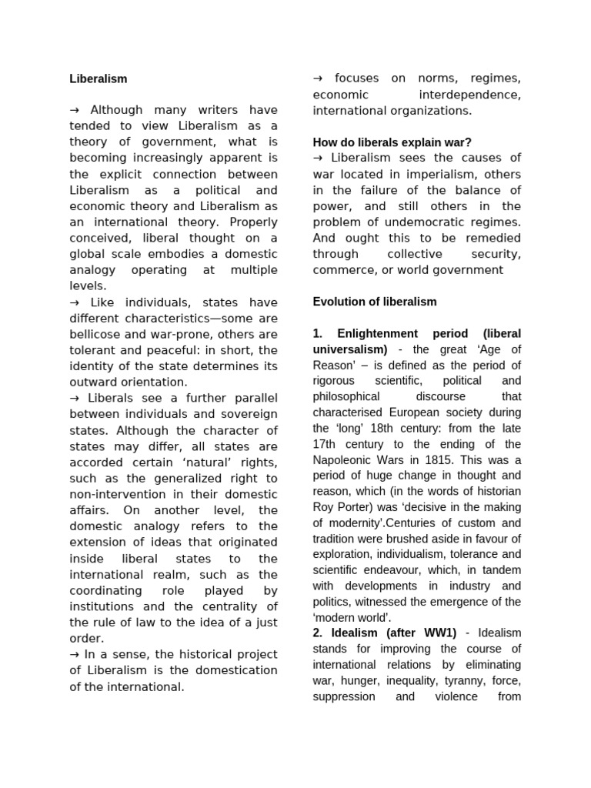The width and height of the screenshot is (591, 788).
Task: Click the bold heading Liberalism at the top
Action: [98, 78]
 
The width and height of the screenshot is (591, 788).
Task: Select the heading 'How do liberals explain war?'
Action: [392, 142]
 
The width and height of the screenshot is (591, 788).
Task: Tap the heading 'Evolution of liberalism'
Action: [374, 302]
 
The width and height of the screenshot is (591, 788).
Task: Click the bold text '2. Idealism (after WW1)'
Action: [384, 633]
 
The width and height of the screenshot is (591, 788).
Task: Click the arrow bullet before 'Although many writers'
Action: [75, 110]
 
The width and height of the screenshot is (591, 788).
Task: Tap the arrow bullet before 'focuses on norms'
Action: [318, 78]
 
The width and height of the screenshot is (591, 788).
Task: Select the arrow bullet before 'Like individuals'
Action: [75, 302]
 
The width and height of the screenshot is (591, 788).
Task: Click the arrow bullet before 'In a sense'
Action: [75, 654]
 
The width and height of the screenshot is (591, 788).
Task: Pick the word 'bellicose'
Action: [96, 334]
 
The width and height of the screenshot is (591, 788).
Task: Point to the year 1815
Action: [452, 460]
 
